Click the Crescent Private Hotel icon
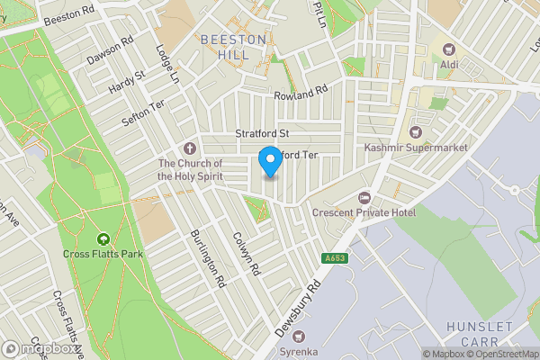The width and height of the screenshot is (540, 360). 364,197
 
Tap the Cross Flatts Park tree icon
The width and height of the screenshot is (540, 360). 103,239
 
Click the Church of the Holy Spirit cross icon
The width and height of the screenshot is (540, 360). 190,148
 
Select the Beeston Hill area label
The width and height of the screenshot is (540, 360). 233,47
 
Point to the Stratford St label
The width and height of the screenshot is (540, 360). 260,134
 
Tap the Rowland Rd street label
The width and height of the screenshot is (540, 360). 301,94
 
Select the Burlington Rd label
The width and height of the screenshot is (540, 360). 207,258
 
